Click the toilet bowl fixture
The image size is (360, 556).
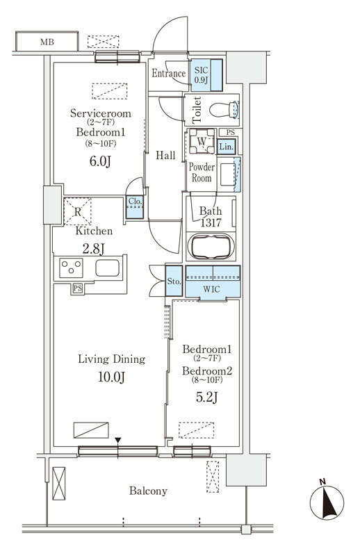coord(224,109)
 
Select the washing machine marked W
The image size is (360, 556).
coord(202,142)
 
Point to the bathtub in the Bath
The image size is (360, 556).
coord(212,247)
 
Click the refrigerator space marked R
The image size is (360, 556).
coord(79,212)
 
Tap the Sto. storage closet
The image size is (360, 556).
coord(174,281)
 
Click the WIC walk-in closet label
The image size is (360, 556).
coord(213,288)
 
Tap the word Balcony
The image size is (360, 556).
coord(147,491)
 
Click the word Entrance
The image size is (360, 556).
coord(168,74)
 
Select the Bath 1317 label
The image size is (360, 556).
coord(211,217)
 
